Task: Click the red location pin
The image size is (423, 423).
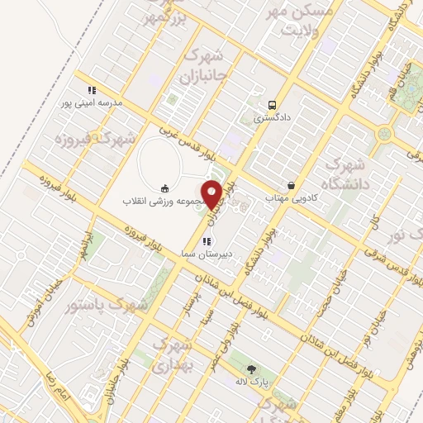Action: click(x=212, y=192)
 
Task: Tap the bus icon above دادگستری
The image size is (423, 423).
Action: click(x=272, y=105)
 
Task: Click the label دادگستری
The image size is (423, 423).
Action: click(x=272, y=118)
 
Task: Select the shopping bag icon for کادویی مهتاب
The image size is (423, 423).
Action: click(x=291, y=185)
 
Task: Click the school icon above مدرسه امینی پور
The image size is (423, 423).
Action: click(x=92, y=90)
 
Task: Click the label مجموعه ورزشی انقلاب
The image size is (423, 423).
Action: click(x=164, y=202)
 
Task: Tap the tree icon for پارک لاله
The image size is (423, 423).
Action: click(x=251, y=369)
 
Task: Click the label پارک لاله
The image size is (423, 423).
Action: click(x=251, y=383)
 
